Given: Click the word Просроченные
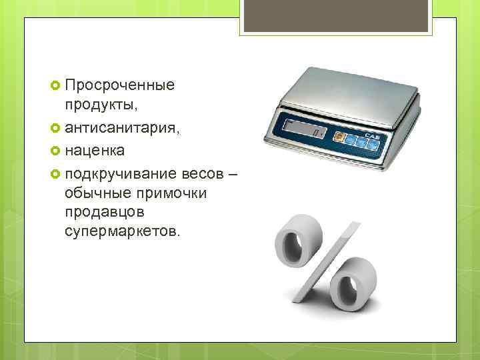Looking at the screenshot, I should click(119, 85).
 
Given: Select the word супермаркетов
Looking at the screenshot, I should click(121, 231).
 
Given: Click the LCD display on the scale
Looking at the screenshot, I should click(303, 129).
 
